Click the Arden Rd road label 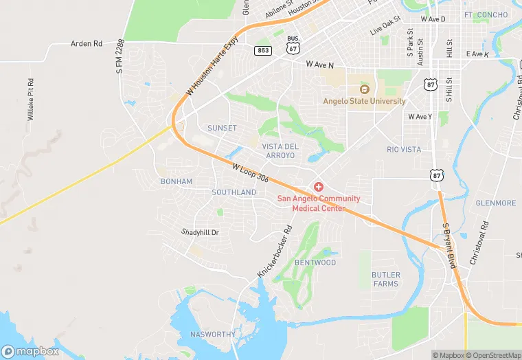click(x=87, y=44)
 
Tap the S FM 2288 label click(x=120, y=56)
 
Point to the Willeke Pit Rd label click(x=31, y=104)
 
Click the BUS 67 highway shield click(x=293, y=47)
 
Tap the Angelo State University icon click(x=364, y=89)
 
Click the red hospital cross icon click(x=318, y=187)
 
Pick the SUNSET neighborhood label click(x=222, y=128)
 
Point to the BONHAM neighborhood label click(x=176, y=181)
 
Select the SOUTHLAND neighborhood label click(x=234, y=192)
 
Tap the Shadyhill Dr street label click(x=200, y=232)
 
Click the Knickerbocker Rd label click(x=275, y=251)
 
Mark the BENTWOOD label click(x=315, y=263)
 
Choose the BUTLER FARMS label click(x=385, y=279)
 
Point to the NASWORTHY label click(x=212, y=334)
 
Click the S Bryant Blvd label click(x=450, y=246)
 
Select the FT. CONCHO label click(x=486, y=15)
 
